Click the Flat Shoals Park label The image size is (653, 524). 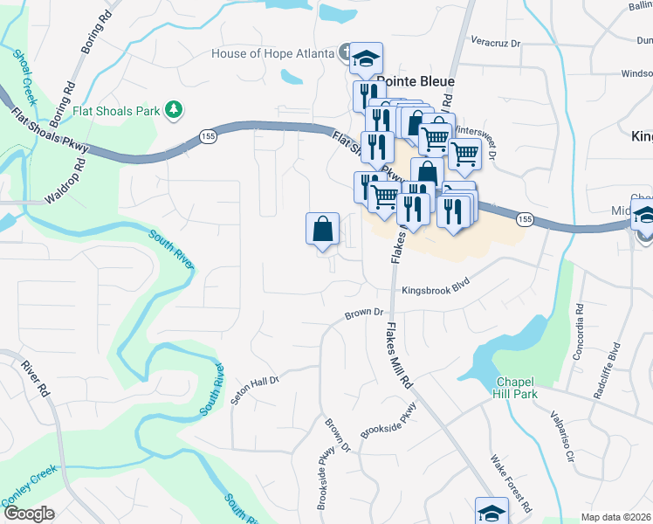click(117, 111)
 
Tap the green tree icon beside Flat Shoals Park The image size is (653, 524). click(175, 110)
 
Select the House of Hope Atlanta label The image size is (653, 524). click(273, 53)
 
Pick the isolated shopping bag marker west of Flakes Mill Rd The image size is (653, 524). click(322, 230)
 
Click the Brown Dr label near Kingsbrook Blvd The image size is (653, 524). click(364, 313)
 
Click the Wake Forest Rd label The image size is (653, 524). click(511, 483)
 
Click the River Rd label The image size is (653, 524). click(37, 378)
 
